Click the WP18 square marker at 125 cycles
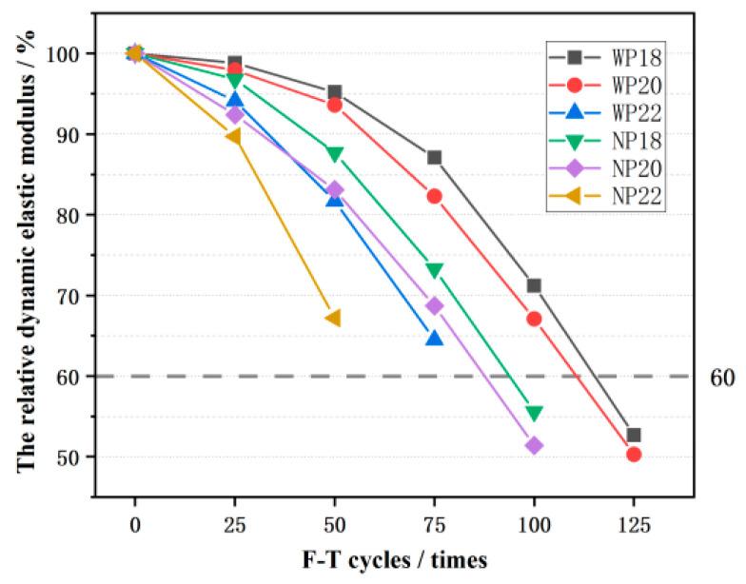coord(634,435)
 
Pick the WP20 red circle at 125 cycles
coord(634,454)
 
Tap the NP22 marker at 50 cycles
coord(333,318)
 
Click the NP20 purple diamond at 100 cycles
coord(534,445)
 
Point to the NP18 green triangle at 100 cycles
coord(534,413)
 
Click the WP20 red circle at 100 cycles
coord(534,319)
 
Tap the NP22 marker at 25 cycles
coord(233,136)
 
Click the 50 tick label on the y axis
coord(76,457)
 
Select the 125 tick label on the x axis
coord(634,525)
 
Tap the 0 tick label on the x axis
coord(135,525)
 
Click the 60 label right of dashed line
coord(722,378)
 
